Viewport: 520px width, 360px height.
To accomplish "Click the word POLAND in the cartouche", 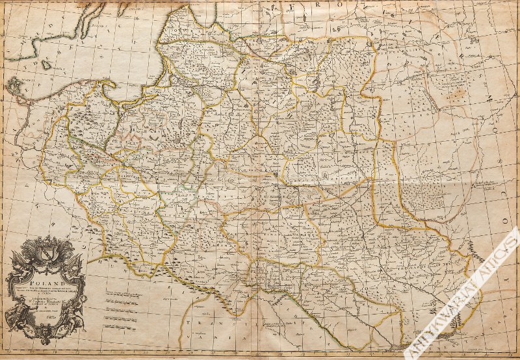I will tap(45, 275).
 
